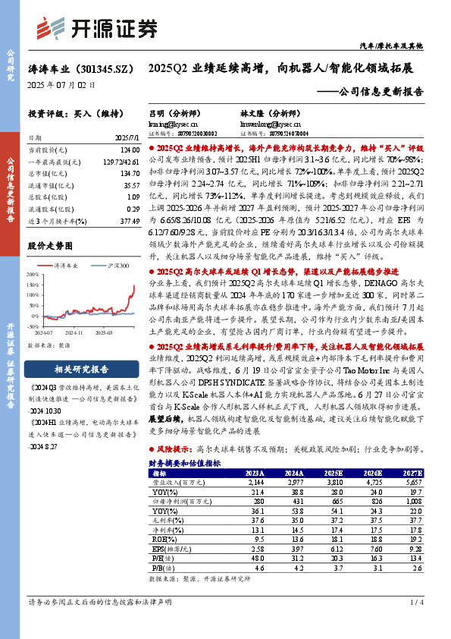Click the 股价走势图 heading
tap(50, 247)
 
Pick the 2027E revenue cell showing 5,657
tap(410, 482)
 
